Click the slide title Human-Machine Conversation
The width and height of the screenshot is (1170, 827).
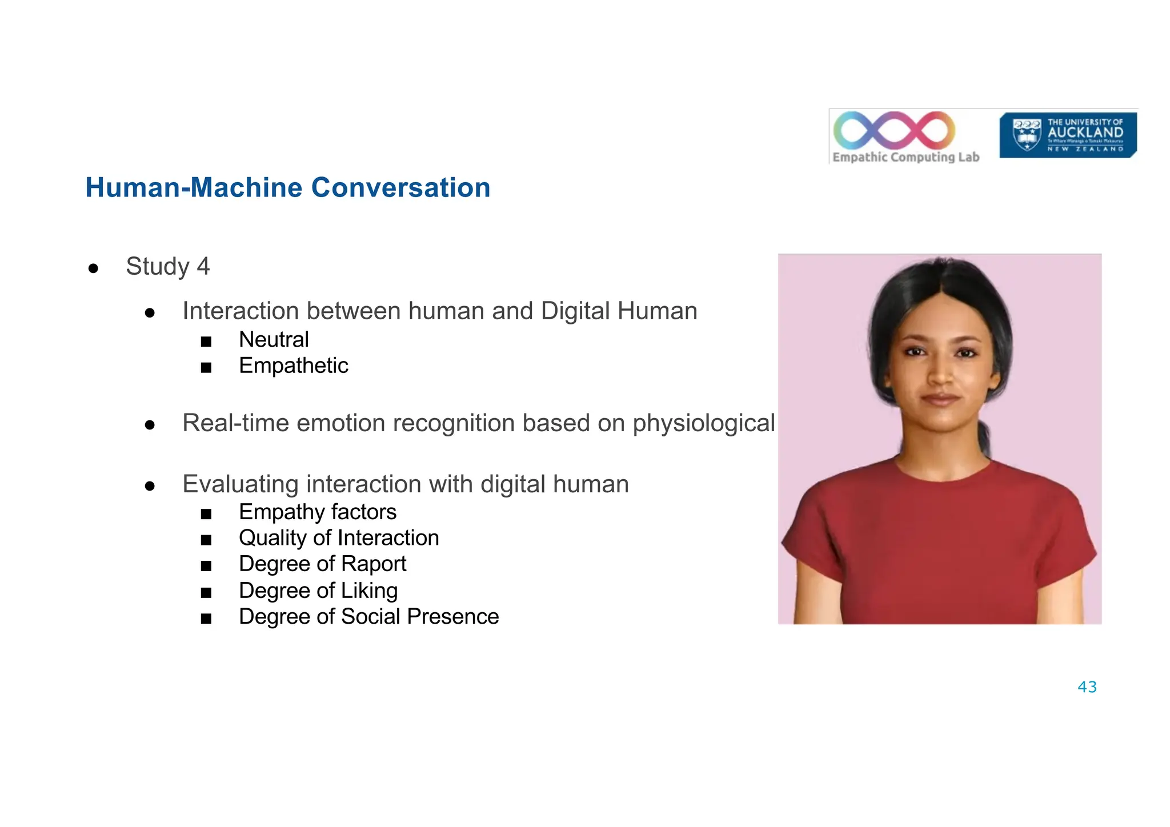click(x=287, y=188)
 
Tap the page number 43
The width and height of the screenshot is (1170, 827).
click(x=1087, y=687)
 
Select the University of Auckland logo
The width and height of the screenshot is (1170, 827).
click(x=1068, y=135)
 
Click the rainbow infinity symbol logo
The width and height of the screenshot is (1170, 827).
click(x=894, y=130)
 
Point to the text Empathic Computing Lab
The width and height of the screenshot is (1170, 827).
click(x=905, y=157)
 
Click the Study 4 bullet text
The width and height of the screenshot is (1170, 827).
click(x=167, y=267)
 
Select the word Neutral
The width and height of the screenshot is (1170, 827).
click(x=274, y=340)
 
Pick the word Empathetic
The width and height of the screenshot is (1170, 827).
click(x=293, y=366)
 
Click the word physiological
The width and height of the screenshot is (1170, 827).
click(x=703, y=423)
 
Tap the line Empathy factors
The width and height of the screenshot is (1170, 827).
click(x=317, y=512)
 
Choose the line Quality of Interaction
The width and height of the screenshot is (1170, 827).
click(x=339, y=538)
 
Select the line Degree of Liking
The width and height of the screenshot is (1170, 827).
click(x=318, y=591)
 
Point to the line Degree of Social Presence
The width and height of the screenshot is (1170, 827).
click(x=368, y=617)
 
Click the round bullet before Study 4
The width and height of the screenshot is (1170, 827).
click(x=94, y=268)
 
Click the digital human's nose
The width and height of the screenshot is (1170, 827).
click(x=941, y=375)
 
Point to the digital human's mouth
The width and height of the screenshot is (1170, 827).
click(x=941, y=399)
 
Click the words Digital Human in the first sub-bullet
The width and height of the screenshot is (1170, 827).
click(x=619, y=311)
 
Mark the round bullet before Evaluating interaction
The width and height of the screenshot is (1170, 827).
click(x=150, y=486)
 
